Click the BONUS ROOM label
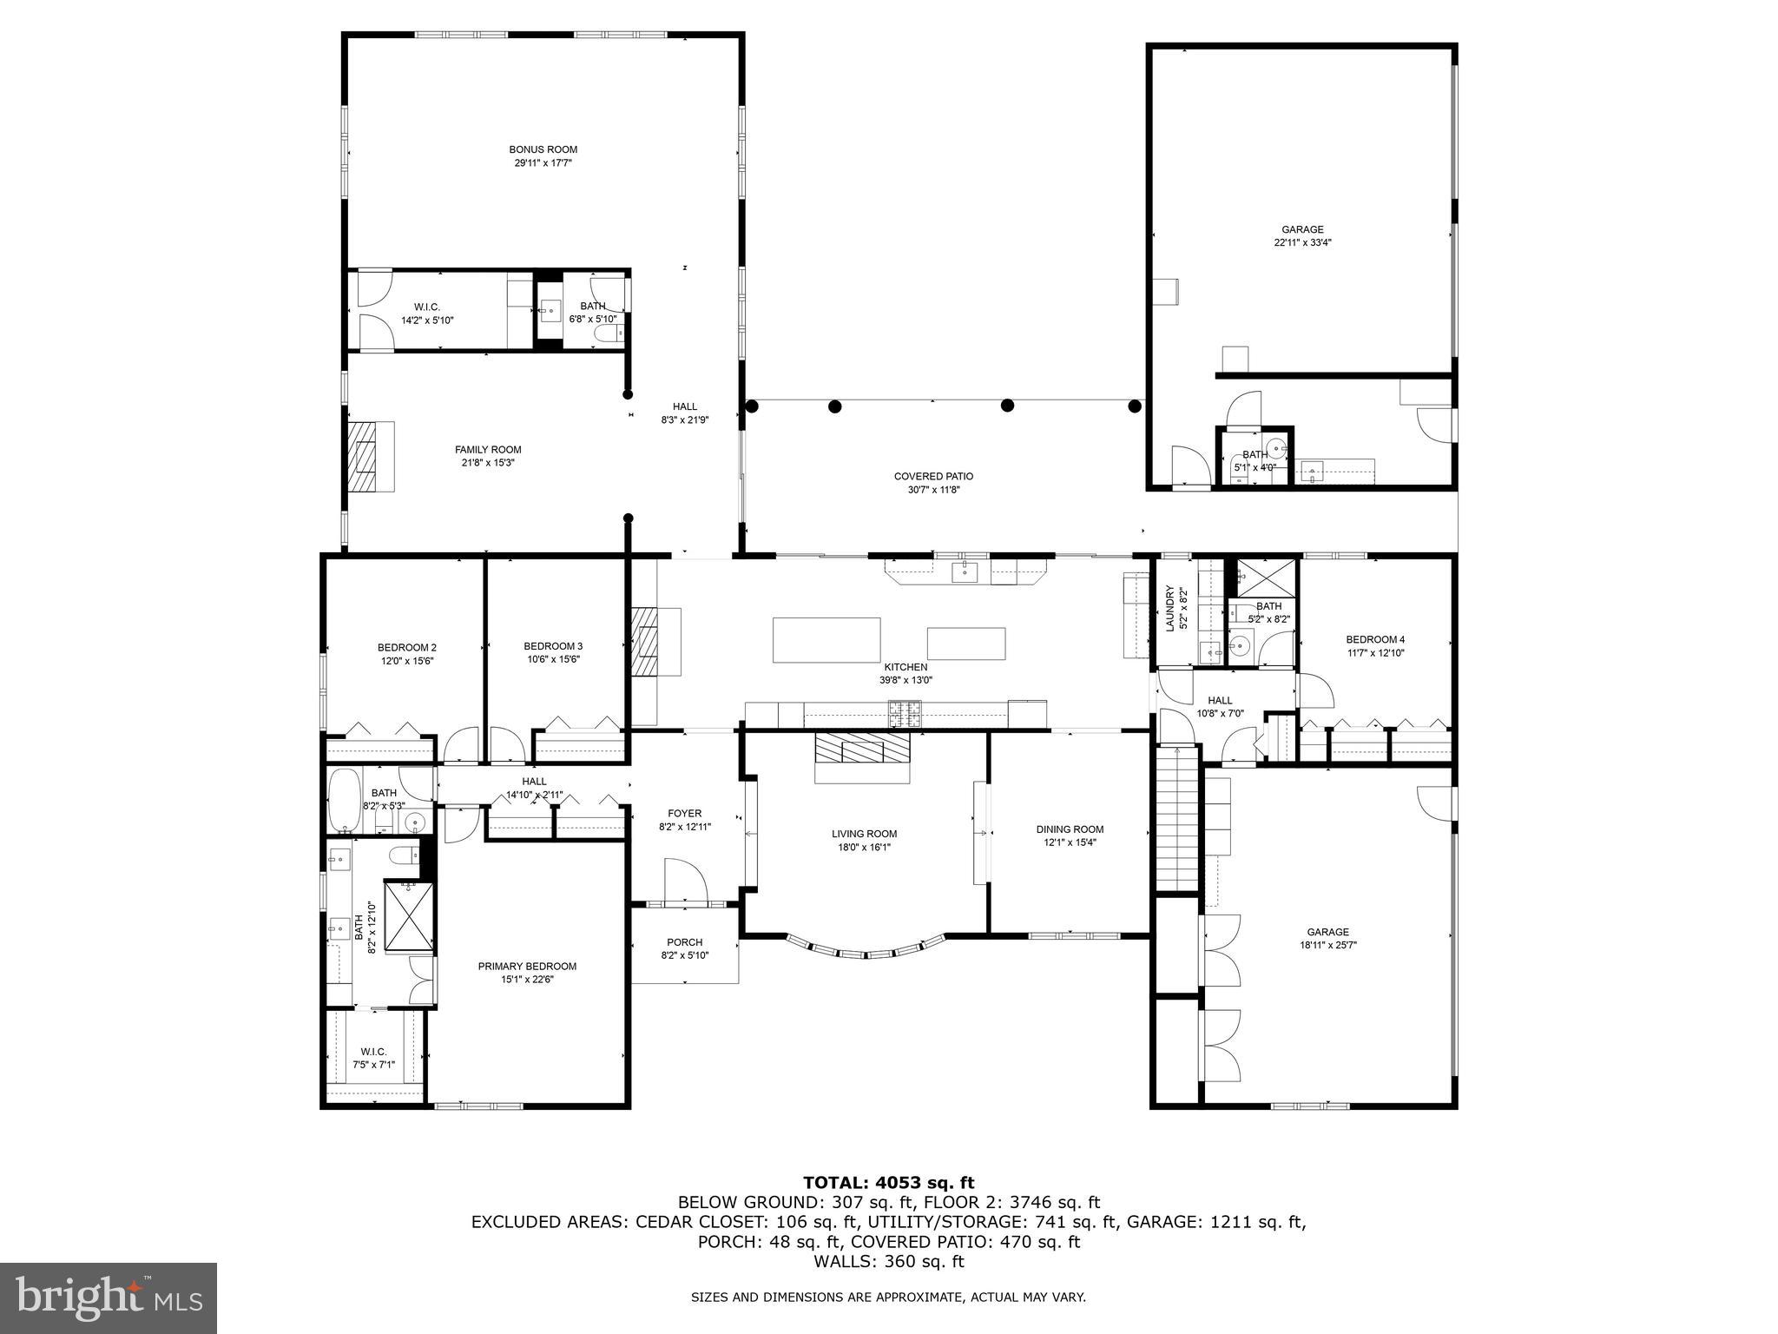point(543,149)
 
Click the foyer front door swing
point(685,881)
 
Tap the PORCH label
point(684,942)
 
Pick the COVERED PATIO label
point(933,476)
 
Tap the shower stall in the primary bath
point(408,915)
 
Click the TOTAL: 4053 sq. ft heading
point(888,1183)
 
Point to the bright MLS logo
point(109,1298)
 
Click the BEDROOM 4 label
point(1375,639)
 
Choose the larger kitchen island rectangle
point(826,640)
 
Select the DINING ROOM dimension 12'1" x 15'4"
point(1070,842)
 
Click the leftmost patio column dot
point(752,406)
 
